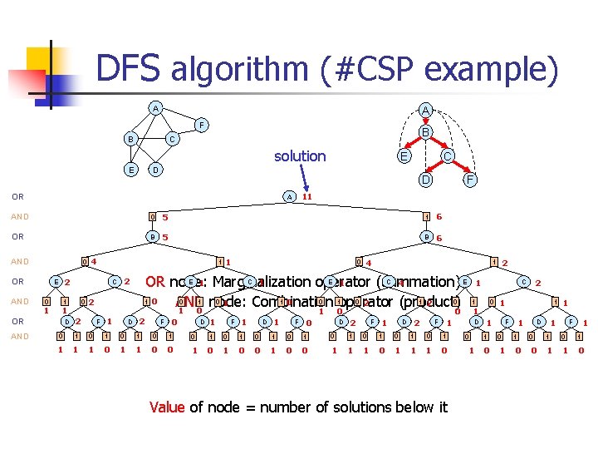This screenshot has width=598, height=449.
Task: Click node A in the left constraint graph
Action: pos(154,108)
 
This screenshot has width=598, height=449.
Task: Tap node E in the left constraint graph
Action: pos(130,170)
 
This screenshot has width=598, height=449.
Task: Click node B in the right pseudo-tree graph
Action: pos(424,132)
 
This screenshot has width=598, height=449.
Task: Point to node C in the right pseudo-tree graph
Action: pos(447,155)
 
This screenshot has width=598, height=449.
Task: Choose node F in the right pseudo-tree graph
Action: pos(470,178)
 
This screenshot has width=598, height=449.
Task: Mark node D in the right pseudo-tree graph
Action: pos(424,178)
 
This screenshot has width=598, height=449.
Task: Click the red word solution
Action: pos(300,156)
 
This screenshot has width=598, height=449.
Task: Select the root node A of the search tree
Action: pos(288,197)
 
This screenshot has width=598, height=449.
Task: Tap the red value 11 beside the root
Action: pos(306,197)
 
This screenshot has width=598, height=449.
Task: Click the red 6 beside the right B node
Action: pos(439,238)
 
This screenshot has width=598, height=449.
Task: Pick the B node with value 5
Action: pos(153,238)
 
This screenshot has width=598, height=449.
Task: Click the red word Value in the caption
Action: pos(167,407)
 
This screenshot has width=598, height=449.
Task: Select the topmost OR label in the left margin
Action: pos(17,197)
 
